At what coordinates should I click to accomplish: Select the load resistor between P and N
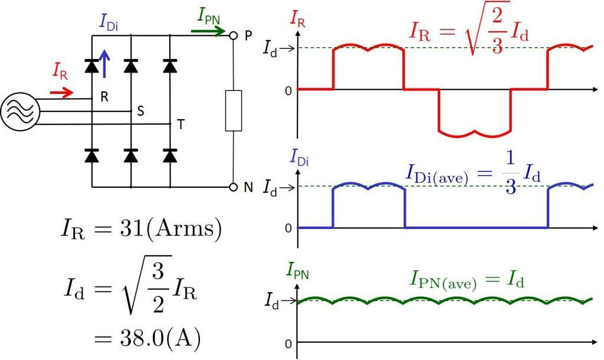click(234, 110)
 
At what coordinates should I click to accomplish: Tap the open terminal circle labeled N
click(233, 187)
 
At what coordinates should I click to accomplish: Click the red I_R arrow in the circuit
click(61, 93)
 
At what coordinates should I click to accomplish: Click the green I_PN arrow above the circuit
click(208, 31)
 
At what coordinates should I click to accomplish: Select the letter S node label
click(140, 111)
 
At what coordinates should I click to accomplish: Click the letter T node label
click(180, 125)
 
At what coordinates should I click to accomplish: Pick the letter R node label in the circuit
click(104, 97)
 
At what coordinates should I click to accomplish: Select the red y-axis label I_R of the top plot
click(297, 19)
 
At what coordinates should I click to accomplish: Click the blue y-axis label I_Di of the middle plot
click(299, 158)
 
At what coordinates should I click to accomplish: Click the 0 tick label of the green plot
click(288, 343)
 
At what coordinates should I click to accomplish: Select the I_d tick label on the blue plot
click(270, 188)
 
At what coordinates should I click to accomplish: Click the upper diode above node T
click(170, 66)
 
